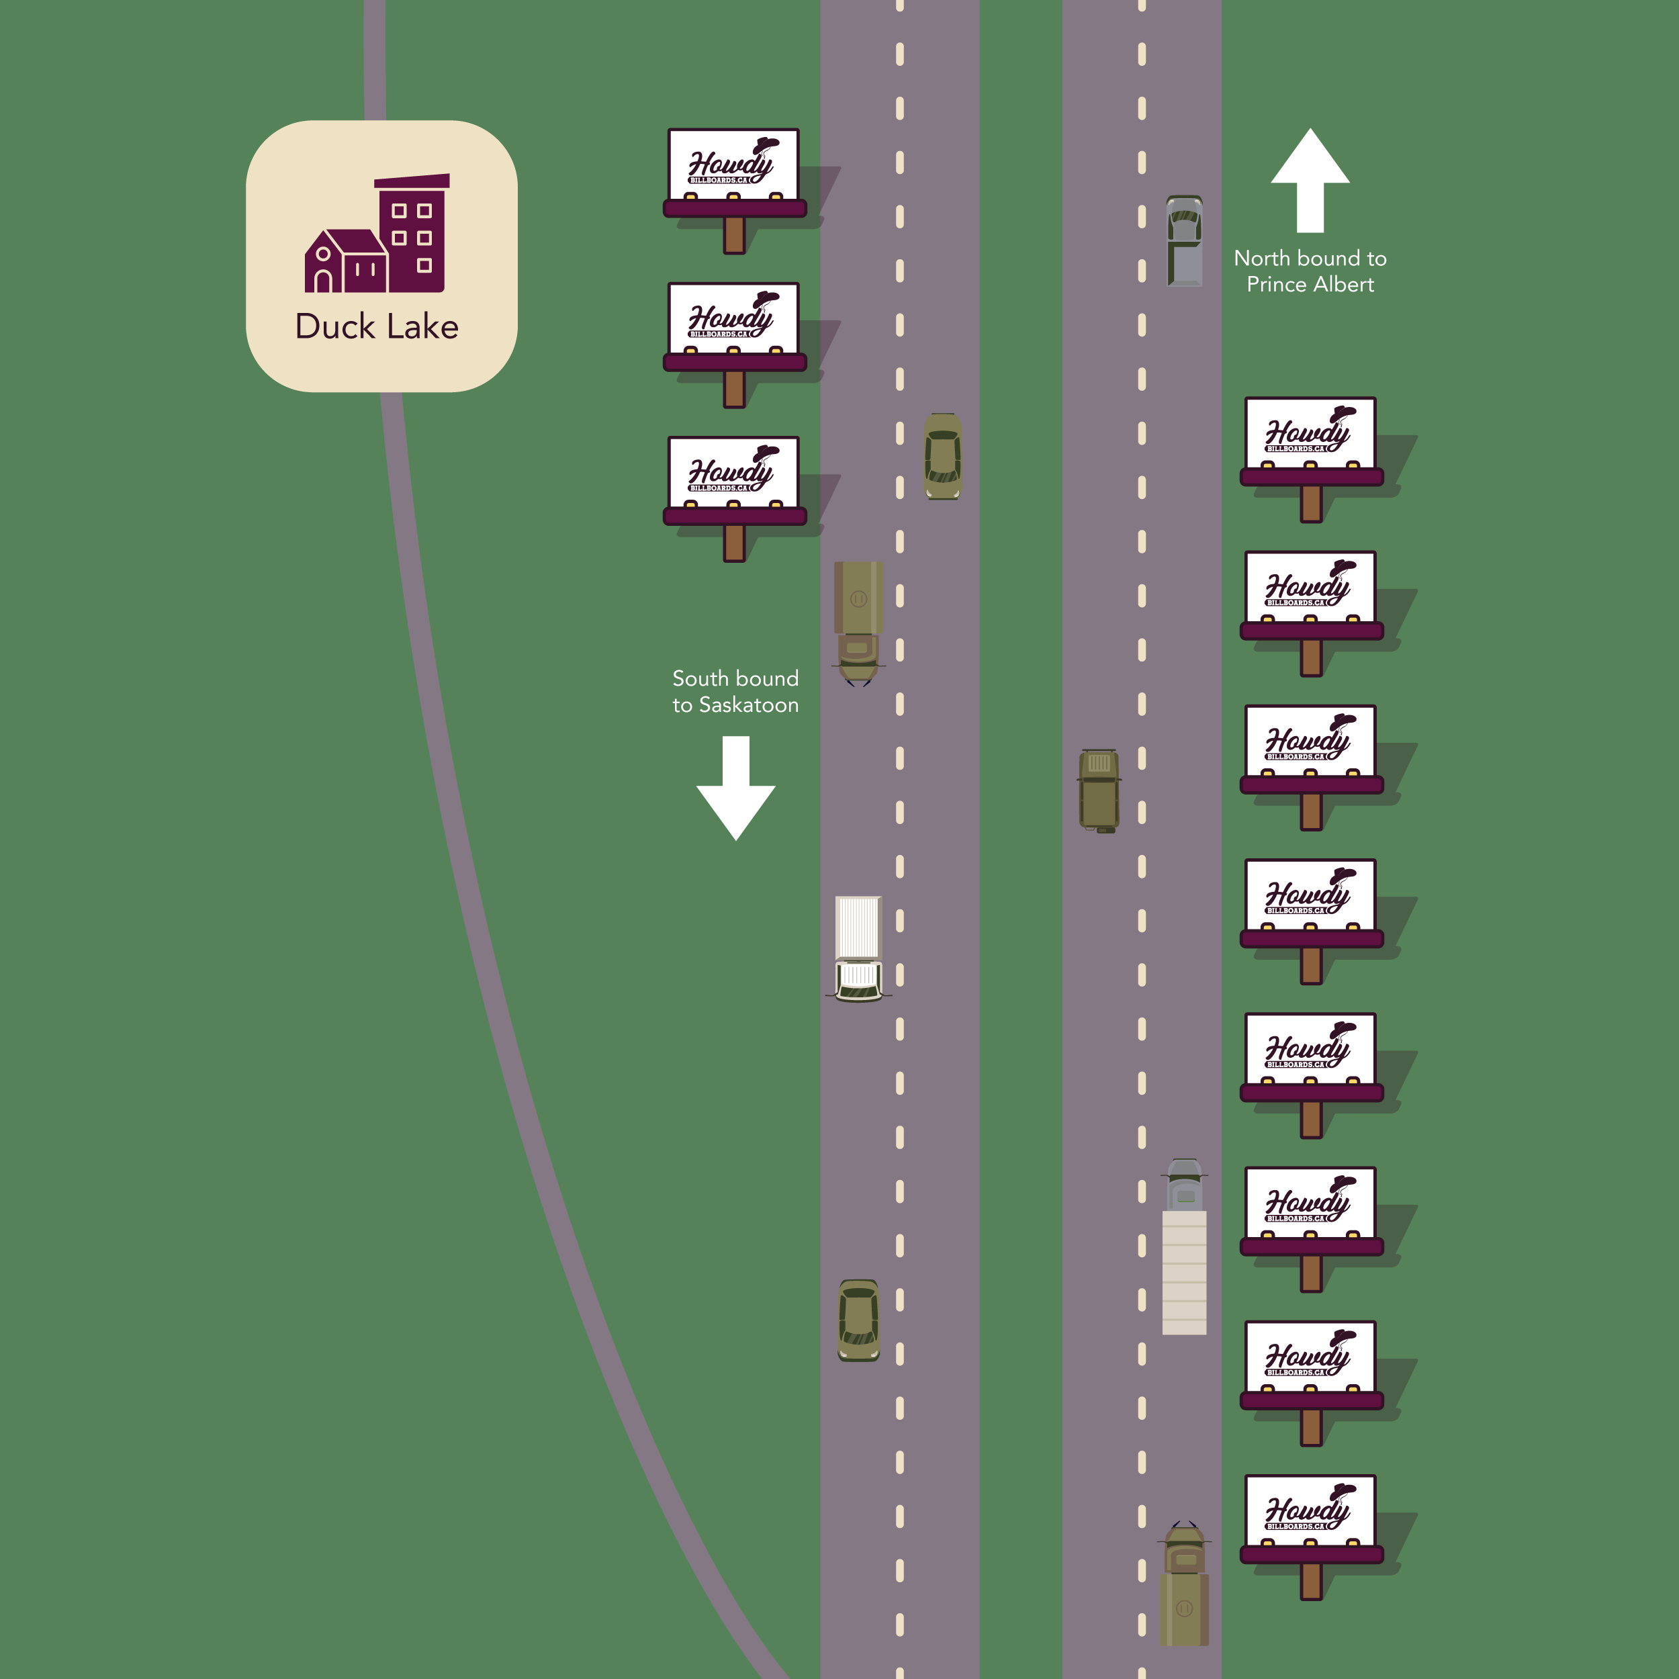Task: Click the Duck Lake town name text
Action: point(376,327)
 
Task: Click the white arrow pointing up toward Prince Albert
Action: point(1310,180)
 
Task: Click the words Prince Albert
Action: point(1310,284)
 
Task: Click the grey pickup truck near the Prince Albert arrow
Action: point(1183,240)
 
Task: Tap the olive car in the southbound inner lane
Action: point(943,456)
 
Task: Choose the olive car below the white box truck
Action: point(858,1319)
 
